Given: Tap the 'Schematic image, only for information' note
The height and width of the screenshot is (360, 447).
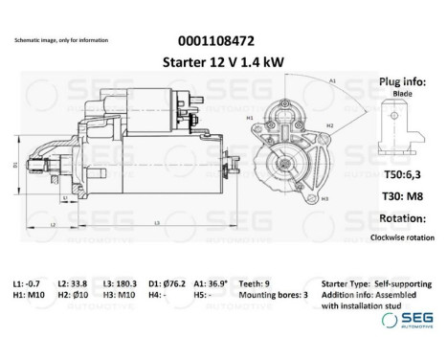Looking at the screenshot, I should [x=61, y=40].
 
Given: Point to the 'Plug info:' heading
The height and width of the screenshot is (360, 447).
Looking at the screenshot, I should [x=404, y=83].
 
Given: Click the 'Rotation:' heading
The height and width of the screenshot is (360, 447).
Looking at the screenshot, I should [x=402, y=216].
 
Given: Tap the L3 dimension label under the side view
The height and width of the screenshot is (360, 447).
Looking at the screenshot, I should [x=155, y=222].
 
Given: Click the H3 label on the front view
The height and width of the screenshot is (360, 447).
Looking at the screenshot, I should [x=324, y=198].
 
